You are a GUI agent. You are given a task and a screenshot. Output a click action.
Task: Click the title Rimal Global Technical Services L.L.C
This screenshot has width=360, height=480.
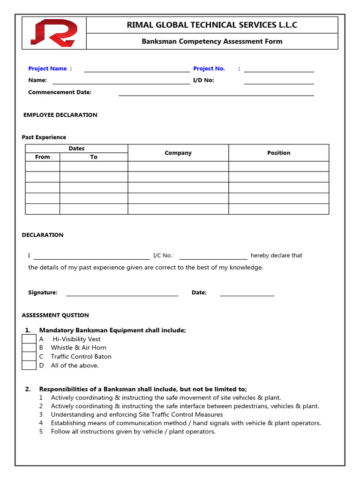coord(212,25)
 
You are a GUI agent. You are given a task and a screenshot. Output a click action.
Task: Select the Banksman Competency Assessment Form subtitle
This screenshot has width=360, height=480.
coord(212,41)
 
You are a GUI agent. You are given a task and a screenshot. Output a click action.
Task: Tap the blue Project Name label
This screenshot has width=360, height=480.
coord(50,68)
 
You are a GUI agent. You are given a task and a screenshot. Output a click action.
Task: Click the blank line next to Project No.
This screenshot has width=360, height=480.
coord(279,70)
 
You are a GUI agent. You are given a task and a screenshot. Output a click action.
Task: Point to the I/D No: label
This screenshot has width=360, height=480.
coord(203,80)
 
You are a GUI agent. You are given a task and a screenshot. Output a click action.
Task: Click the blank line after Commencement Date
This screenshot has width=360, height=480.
coord(216,94)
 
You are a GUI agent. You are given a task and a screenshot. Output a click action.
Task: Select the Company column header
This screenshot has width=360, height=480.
coord(178,153)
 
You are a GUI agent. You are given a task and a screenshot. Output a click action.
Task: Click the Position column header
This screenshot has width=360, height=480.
coord(278,153)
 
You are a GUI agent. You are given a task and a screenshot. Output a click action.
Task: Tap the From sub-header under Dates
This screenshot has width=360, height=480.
coord(42,157)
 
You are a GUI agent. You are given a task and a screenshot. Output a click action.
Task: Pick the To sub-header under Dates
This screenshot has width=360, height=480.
coord(94,157)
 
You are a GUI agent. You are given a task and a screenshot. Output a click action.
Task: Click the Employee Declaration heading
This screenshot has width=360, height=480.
coord(60,115)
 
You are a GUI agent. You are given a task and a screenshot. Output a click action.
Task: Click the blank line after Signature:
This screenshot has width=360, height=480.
coord(122,294)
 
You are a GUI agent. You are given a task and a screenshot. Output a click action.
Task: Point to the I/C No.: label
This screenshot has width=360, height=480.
coord(163,255)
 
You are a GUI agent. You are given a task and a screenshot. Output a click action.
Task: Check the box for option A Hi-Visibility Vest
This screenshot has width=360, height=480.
coord(29,339)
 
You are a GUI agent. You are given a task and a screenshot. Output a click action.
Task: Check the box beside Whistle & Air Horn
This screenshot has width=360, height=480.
coord(29,348)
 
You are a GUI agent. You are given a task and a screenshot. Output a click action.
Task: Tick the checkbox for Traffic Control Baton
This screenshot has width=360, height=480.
coord(29,357)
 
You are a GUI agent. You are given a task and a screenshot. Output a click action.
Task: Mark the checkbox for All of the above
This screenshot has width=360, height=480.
coord(29,366)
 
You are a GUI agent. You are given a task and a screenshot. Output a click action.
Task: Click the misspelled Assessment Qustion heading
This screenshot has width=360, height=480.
coord(55,315)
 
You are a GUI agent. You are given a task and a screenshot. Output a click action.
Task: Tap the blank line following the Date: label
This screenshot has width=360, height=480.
coord(247,294)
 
